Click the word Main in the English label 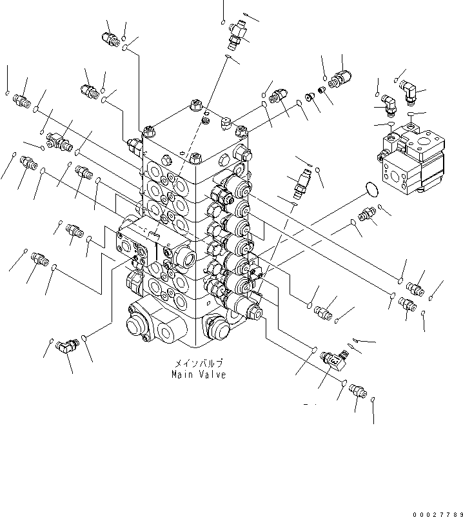[x=182, y=375]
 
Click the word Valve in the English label [x=212, y=375]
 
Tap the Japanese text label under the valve [x=198, y=364]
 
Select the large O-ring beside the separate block [x=370, y=189]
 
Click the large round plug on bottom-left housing [x=136, y=322]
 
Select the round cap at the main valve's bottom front [x=217, y=329]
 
